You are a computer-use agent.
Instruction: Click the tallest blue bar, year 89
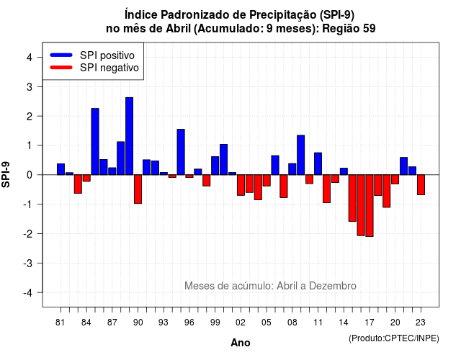[130, 136]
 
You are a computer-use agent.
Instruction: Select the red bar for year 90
[138, 189]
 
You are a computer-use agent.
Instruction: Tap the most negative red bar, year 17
[370, 205]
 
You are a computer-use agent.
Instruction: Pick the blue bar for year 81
[61, 169]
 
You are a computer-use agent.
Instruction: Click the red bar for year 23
[421, 185]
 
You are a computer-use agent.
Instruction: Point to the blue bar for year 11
[318, 163]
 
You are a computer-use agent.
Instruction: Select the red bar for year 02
[241, 185]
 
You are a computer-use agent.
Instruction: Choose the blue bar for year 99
[215, 166]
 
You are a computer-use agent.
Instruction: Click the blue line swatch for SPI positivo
[61, 55]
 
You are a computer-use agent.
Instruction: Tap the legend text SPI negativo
[109, 68]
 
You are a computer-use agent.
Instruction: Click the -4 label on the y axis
[28, 293]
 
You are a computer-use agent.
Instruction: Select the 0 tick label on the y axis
[29, 175]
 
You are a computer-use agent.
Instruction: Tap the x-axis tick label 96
[189, 323]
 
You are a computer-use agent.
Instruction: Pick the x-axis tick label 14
[344, 323]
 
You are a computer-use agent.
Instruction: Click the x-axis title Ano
[241, 343]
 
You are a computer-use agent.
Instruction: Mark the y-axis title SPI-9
[6, 174]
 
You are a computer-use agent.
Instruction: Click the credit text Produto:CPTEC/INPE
[394, 338]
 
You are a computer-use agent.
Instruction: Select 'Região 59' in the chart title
[349, 29]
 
